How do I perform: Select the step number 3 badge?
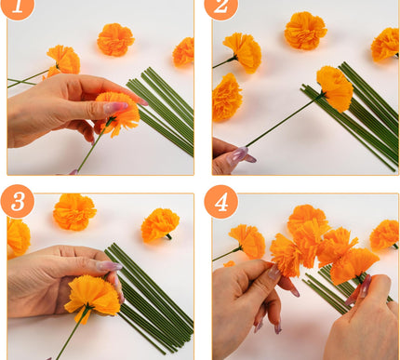[17, 202]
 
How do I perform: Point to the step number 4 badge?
[221, 202]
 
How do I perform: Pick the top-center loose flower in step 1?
[115, 39]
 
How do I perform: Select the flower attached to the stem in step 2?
[335, 87]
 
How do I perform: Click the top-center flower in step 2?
[305, 30]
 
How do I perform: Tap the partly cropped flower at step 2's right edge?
[385, 44]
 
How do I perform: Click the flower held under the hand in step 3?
[93, 295]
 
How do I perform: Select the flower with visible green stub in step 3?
[160, 224]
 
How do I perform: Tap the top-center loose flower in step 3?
[74, 211]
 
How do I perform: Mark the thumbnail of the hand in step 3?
[109, 266]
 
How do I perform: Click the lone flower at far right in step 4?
[383, 233]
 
